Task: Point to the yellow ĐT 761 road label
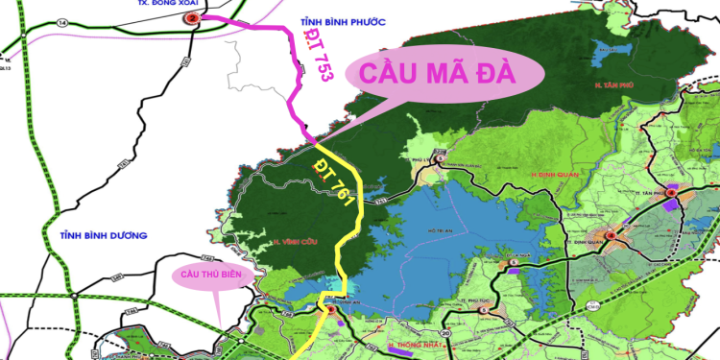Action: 332,182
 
